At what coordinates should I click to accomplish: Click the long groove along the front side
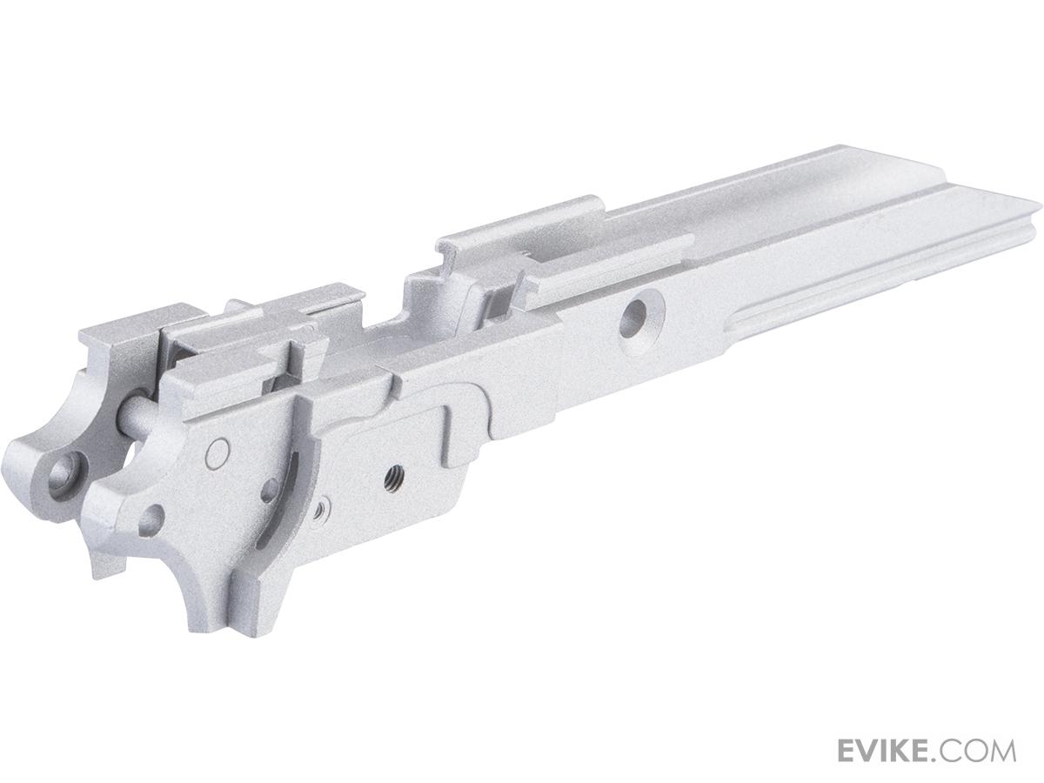point(870,278)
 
